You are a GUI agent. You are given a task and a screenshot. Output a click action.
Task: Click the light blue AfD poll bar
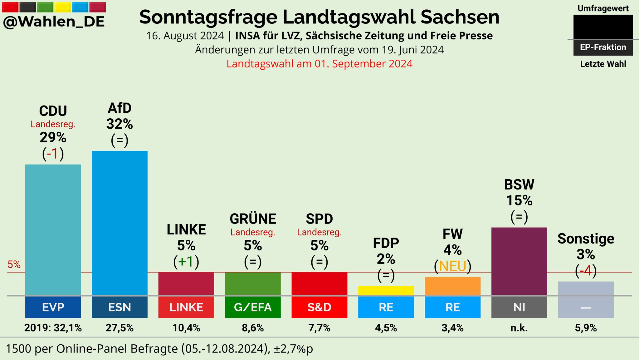pyautogui.click(x=120, y=223)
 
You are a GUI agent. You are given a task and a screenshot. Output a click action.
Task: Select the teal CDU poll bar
pyautogui.click(x=53, y=229)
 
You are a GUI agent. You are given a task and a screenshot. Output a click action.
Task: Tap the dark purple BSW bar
pyautogui.click(x=519, y=261)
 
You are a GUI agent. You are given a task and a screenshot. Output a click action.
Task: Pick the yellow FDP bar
pyautogui.click(x=386, y=290)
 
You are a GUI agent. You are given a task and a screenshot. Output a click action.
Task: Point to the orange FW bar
pyautogui.click(x=452, y=286)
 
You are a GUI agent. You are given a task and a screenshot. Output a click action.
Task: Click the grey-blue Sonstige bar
pyautogui.click(x=586, y=288)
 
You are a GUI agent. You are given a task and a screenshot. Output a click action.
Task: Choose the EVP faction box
pyautogui.click(x=53, y=307)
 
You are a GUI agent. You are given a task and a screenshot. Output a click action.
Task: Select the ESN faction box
pyautogui.click(x=120, y=307)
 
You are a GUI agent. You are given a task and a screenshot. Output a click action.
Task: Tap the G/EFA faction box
pyautogui.click(x=253, y=307)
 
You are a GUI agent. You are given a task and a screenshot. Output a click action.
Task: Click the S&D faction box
pyautogui.click(x=319, y=307)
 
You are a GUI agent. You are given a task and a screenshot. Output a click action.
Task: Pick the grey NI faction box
pyautogui.click(x=519, y=307)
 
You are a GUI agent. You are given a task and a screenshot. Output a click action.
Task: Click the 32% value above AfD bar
pyautogui.click(x=120, y=124)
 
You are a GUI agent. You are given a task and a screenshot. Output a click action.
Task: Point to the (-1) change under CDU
pyautogui.click(x=53, y=154)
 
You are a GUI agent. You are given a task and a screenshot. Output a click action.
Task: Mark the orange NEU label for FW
pyautogui.click(x=452, y=266)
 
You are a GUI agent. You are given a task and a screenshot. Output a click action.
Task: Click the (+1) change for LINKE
pyautogui.click(x=186, y=262)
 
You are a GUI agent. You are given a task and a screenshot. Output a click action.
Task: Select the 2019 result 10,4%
pyautogui.click(x=186, y=328)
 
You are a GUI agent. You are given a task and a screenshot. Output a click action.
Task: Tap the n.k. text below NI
pyautogui.click(x=519, y=328)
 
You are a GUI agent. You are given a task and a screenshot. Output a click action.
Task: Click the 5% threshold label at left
pyautogui.click(x=14, y=265)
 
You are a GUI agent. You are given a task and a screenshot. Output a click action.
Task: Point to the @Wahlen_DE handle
pyautogui.click(x=54, y=22)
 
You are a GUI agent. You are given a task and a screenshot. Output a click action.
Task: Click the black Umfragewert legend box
pyautogui.click(x=603, y=27)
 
